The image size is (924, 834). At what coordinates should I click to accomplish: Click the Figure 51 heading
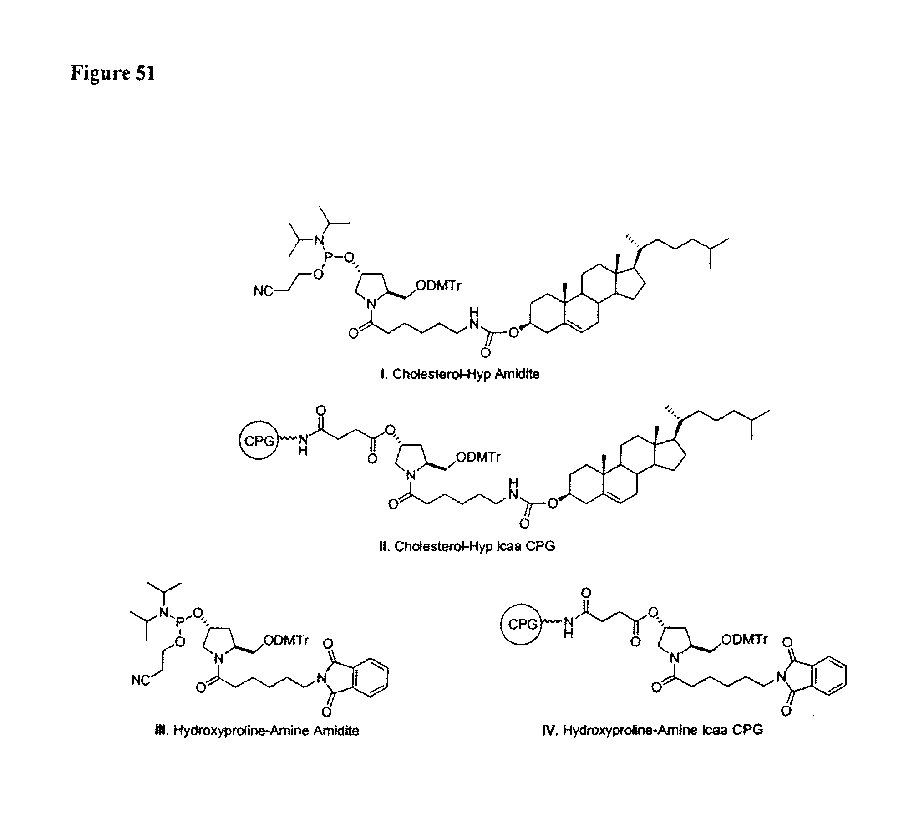113,73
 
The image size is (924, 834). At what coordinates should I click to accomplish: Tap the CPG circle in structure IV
522,624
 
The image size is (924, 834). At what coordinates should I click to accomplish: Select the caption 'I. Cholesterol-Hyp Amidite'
459,374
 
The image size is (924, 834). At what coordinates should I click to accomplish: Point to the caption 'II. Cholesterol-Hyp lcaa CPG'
467,546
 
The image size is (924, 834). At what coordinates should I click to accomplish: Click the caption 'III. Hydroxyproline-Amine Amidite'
257,731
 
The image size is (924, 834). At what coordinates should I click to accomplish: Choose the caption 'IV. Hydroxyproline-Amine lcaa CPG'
652,730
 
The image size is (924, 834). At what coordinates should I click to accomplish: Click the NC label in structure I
263,291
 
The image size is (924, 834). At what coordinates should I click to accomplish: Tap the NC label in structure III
140,680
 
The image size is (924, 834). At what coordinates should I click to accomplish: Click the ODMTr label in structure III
286,640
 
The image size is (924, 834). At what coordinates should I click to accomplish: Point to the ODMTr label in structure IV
744,639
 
